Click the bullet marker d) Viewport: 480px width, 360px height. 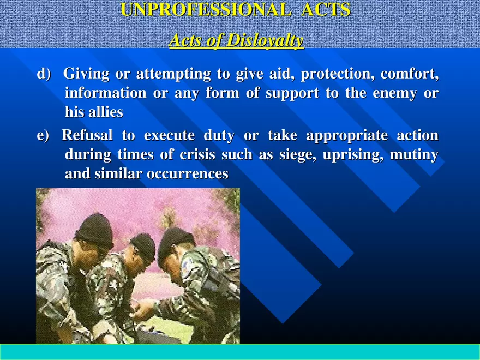point(43,74)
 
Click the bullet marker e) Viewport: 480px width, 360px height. point(43,135)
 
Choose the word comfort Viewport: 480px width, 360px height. point(409,74)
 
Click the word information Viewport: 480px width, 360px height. point(105,93)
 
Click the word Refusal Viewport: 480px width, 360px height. point(87,135)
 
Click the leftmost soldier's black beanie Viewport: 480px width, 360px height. point(95,229)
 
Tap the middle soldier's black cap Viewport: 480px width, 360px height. point(143,245)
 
